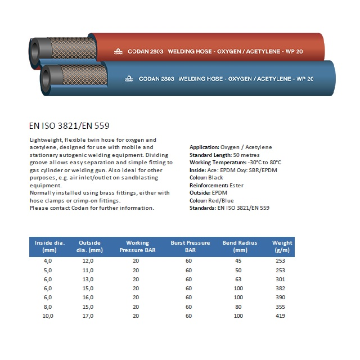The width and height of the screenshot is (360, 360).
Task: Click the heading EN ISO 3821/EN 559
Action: [68, 126]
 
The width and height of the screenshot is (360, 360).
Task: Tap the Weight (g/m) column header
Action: [282, 246]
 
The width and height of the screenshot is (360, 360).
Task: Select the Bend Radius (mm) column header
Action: [240, 246]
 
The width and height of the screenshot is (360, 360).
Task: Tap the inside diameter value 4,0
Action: [48, 260]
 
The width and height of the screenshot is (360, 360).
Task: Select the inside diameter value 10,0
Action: [48, 316]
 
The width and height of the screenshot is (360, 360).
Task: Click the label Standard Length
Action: [210, 155]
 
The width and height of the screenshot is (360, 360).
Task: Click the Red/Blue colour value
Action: [223, 200]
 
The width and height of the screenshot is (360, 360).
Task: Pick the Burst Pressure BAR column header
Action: [190, 246]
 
